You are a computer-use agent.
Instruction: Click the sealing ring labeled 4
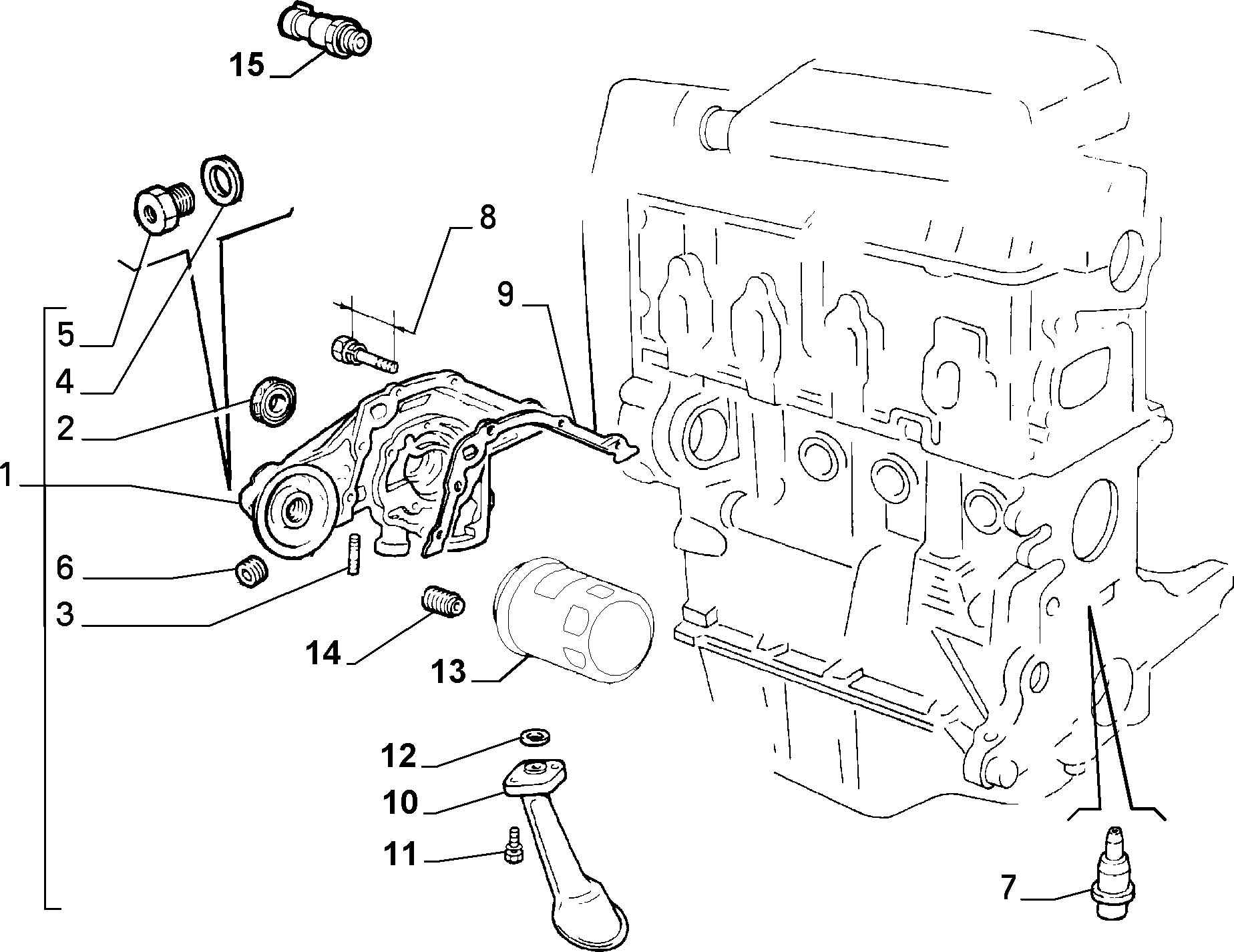pyautogui.click(x=223, y=179)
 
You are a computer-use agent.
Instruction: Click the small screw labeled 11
pyautogui.click(x=513, y=847)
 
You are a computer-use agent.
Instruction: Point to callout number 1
pyautogui.click(x=7, y=476)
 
